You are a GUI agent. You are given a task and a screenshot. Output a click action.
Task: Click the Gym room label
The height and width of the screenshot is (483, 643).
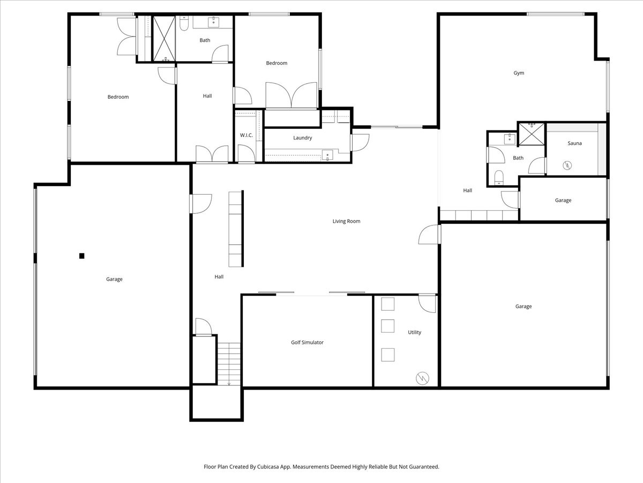[519, 73]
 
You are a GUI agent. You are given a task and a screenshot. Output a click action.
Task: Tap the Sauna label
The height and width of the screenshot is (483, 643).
[574, 143]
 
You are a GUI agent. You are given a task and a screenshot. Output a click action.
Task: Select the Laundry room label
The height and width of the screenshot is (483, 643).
[302, 138]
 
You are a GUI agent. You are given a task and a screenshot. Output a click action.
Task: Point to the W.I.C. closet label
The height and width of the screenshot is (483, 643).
[246, 135]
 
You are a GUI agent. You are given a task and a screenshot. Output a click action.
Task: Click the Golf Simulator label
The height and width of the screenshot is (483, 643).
[307, 342]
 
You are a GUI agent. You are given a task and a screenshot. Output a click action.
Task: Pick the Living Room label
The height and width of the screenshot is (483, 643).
[346, 221]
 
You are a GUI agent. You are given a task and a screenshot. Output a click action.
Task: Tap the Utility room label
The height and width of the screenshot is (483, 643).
[414, 332]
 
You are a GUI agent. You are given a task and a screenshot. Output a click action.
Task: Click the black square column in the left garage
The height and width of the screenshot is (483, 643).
[82, 256]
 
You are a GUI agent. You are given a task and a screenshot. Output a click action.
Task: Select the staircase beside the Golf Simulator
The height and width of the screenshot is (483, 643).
[229, 364]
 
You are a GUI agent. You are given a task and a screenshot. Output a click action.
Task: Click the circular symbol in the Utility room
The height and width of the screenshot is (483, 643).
[422, 378]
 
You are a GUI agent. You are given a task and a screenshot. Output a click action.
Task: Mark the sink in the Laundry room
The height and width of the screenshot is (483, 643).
[327, 155]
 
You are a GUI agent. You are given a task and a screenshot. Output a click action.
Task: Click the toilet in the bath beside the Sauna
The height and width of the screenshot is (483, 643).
[499, 177]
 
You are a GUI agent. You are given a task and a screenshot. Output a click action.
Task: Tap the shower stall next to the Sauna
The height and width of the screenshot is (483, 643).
[531, 134]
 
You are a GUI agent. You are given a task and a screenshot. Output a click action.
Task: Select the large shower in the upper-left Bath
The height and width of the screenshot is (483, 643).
[165, 39]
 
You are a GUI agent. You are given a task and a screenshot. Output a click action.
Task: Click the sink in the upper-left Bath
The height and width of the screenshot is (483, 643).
[214, 21]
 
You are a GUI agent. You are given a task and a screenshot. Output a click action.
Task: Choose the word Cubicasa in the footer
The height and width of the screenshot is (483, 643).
[275, 467]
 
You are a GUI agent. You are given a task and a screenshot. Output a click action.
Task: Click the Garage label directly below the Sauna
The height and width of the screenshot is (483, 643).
[563, 200]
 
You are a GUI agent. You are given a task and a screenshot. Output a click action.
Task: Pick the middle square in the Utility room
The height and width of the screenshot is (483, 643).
[387, 326]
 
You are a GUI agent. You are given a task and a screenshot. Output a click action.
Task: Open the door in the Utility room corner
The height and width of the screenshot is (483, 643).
[427, 303]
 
